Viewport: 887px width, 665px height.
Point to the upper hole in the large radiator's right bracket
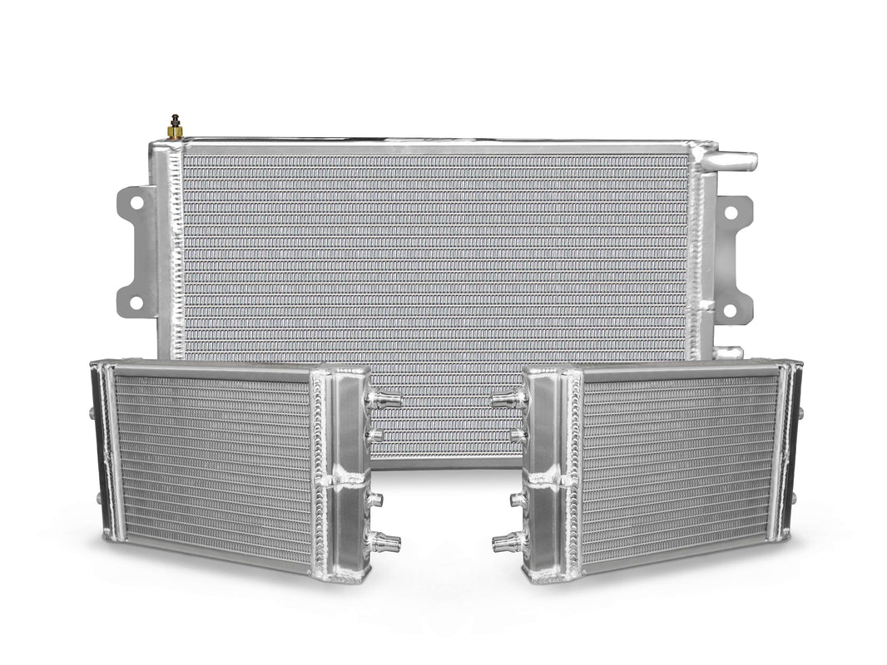point(730,213)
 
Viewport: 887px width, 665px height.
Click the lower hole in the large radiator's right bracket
point(730,309)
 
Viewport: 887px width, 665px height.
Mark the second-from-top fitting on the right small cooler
point(516,433)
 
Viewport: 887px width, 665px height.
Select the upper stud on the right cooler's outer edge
point(800,413)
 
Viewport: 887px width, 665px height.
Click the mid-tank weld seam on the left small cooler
point(343,480)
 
